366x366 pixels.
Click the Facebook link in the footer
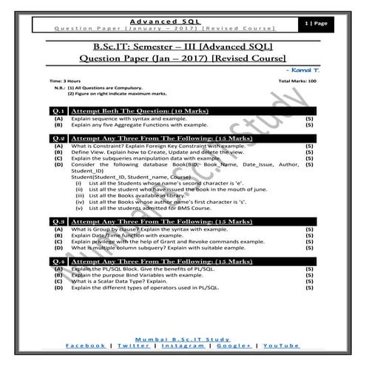(x=86, y=345)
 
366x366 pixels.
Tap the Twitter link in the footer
(x=134, y=345)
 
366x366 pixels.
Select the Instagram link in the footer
(x=182, y=345)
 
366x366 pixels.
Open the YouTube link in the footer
(x=281, y=345)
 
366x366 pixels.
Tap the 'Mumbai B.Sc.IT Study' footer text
(x=183, y=337)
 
